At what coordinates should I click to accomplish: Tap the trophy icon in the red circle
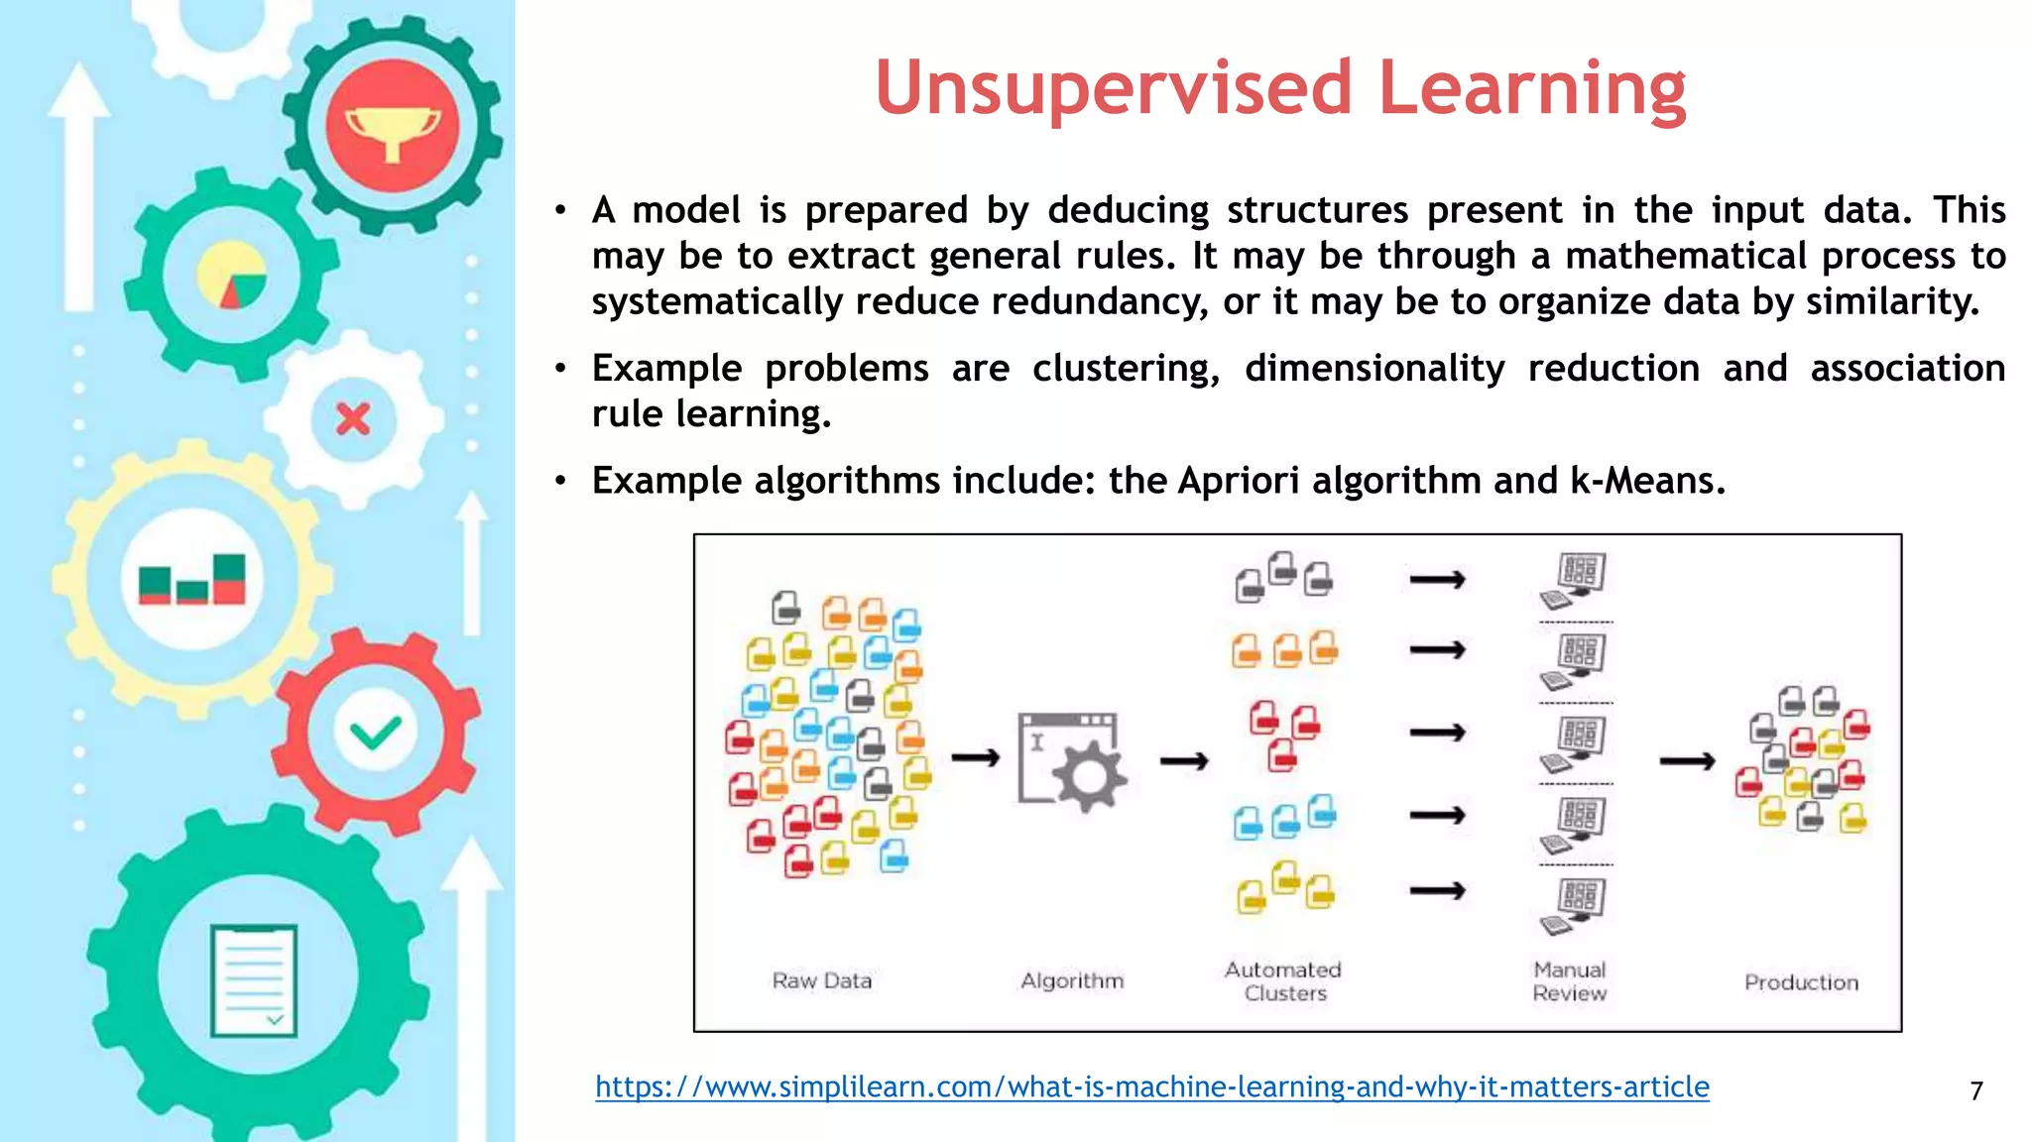point(393,130)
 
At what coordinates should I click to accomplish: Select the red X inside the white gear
point(353,419)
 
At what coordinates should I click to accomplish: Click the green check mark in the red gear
point(376,733)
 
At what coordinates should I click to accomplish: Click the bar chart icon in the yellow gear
point(192,580)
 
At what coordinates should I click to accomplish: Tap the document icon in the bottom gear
point(254,980)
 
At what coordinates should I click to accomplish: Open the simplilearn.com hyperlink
point(1151,1087)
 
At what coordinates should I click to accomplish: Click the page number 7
point(1976,1091)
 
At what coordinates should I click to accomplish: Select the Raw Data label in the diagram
point(822,980)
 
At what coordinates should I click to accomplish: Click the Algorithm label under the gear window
point(1072,980)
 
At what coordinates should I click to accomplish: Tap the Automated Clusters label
point(1283,981)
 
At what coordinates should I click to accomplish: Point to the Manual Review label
point(1569,981)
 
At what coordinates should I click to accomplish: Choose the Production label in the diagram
point(1801,982)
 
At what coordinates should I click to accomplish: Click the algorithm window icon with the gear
point(1071,760)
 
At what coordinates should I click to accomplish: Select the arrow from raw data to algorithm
point(975,758)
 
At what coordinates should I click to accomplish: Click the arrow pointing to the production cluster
point(1687,761)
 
